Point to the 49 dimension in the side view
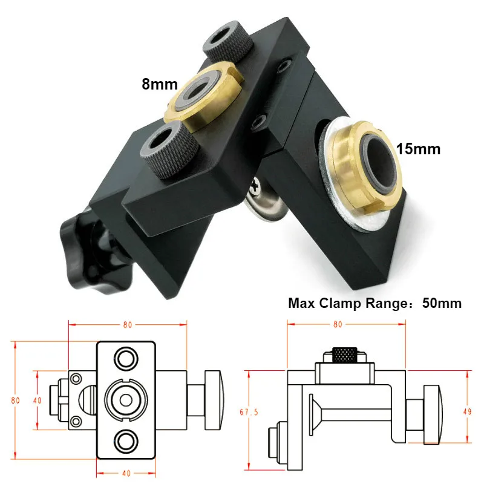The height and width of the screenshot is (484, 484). pos(468,411)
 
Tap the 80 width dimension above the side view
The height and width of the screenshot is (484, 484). pos(337,324)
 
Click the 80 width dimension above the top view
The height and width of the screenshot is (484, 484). pos(127,324)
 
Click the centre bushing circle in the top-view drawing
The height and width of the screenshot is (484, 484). pos(126,399)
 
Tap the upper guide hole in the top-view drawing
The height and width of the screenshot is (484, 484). pos(126,358)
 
